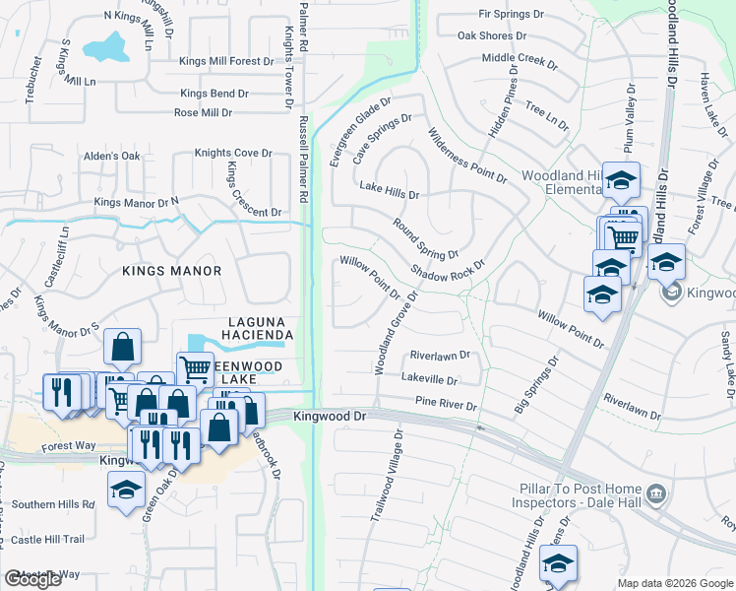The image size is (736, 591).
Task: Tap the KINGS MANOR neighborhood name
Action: (172, 270)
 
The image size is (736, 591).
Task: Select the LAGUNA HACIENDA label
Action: (260, 329)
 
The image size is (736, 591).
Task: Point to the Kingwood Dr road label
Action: (330, 417)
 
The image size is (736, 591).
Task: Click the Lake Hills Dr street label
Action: (390, 186)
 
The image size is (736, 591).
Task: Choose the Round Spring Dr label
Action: (425, 237)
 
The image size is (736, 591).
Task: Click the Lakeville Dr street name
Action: (430, 379)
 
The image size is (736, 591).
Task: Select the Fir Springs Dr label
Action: (511, 14)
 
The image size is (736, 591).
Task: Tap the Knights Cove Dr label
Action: (232, 153)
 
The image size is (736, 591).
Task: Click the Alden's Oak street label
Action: (112, 157)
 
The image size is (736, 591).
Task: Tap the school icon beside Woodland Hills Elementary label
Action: (621, 180)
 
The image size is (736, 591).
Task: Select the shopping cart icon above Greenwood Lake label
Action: (196, 369)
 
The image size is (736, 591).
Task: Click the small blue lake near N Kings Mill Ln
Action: (105, 48)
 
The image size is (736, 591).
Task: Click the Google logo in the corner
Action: (32, 579)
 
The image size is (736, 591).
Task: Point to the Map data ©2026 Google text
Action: (675, 583)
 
